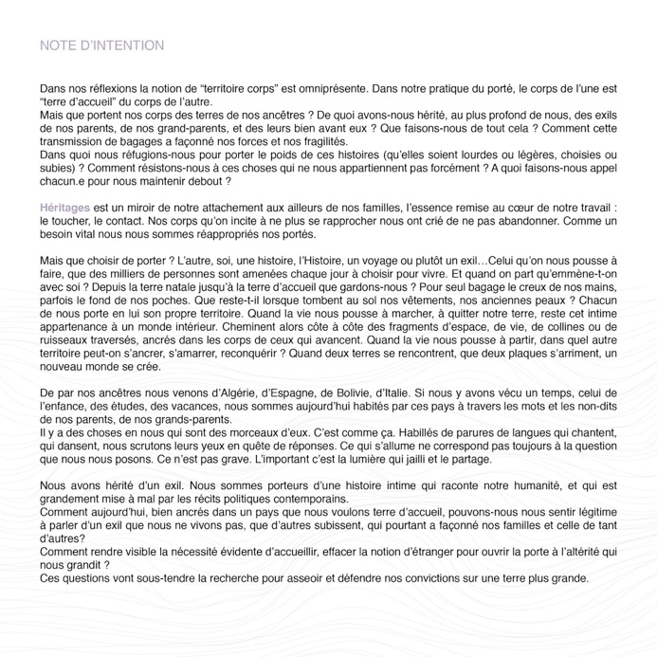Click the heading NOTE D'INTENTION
click(101, 46)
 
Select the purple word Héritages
click(65, 207)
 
